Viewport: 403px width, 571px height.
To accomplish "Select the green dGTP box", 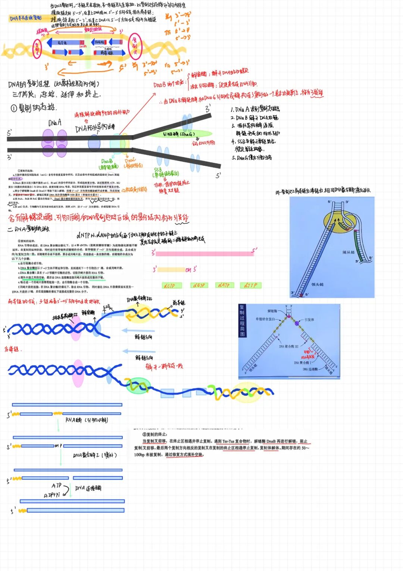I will point(199,285).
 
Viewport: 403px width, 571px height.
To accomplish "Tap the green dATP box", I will point(224,285).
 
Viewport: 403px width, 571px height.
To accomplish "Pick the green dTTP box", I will point(251,285).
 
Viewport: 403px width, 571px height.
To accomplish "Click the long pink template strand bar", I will point(204,254).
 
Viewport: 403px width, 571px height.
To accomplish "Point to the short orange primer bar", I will point(171,269).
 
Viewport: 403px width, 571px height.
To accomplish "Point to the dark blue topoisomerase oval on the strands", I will point(94,142).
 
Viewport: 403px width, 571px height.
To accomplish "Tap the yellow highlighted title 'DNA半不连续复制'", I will point(25,18).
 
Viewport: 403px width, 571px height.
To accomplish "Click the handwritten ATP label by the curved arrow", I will point(56,486).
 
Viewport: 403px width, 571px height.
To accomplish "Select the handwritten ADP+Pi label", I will point(51,495).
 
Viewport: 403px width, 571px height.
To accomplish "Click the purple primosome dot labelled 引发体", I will point(297,323).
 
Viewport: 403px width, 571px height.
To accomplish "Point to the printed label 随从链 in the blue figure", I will point(349,252).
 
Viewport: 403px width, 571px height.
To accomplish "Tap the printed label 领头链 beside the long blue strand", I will point(318,284).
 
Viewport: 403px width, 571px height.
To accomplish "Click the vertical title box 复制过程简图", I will point(242,321).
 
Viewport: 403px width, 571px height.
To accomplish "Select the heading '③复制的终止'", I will point(155,434).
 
